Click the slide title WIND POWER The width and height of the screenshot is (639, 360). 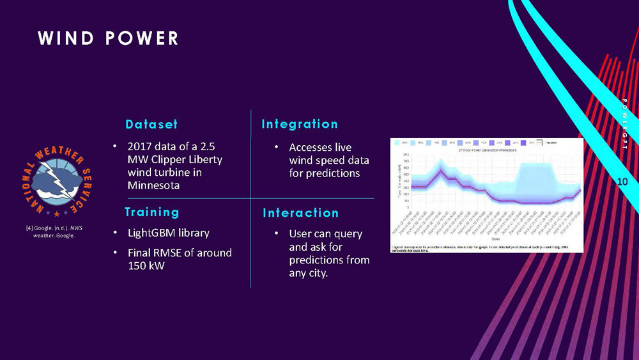(108, 38)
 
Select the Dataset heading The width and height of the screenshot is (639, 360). (151, 123)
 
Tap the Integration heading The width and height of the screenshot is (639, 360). (300, 123)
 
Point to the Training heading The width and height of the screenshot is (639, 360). (152, 212)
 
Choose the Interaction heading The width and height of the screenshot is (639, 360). (300, 212)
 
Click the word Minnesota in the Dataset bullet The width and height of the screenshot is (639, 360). (153, 185)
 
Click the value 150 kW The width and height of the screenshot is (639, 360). (146, 265)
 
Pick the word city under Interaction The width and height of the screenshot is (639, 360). (317, 274)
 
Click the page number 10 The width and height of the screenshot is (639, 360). (623, 183)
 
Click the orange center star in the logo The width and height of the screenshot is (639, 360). (56, 212)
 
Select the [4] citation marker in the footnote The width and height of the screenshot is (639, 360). (26, 228)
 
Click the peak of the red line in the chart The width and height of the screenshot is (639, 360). (440, 170)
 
